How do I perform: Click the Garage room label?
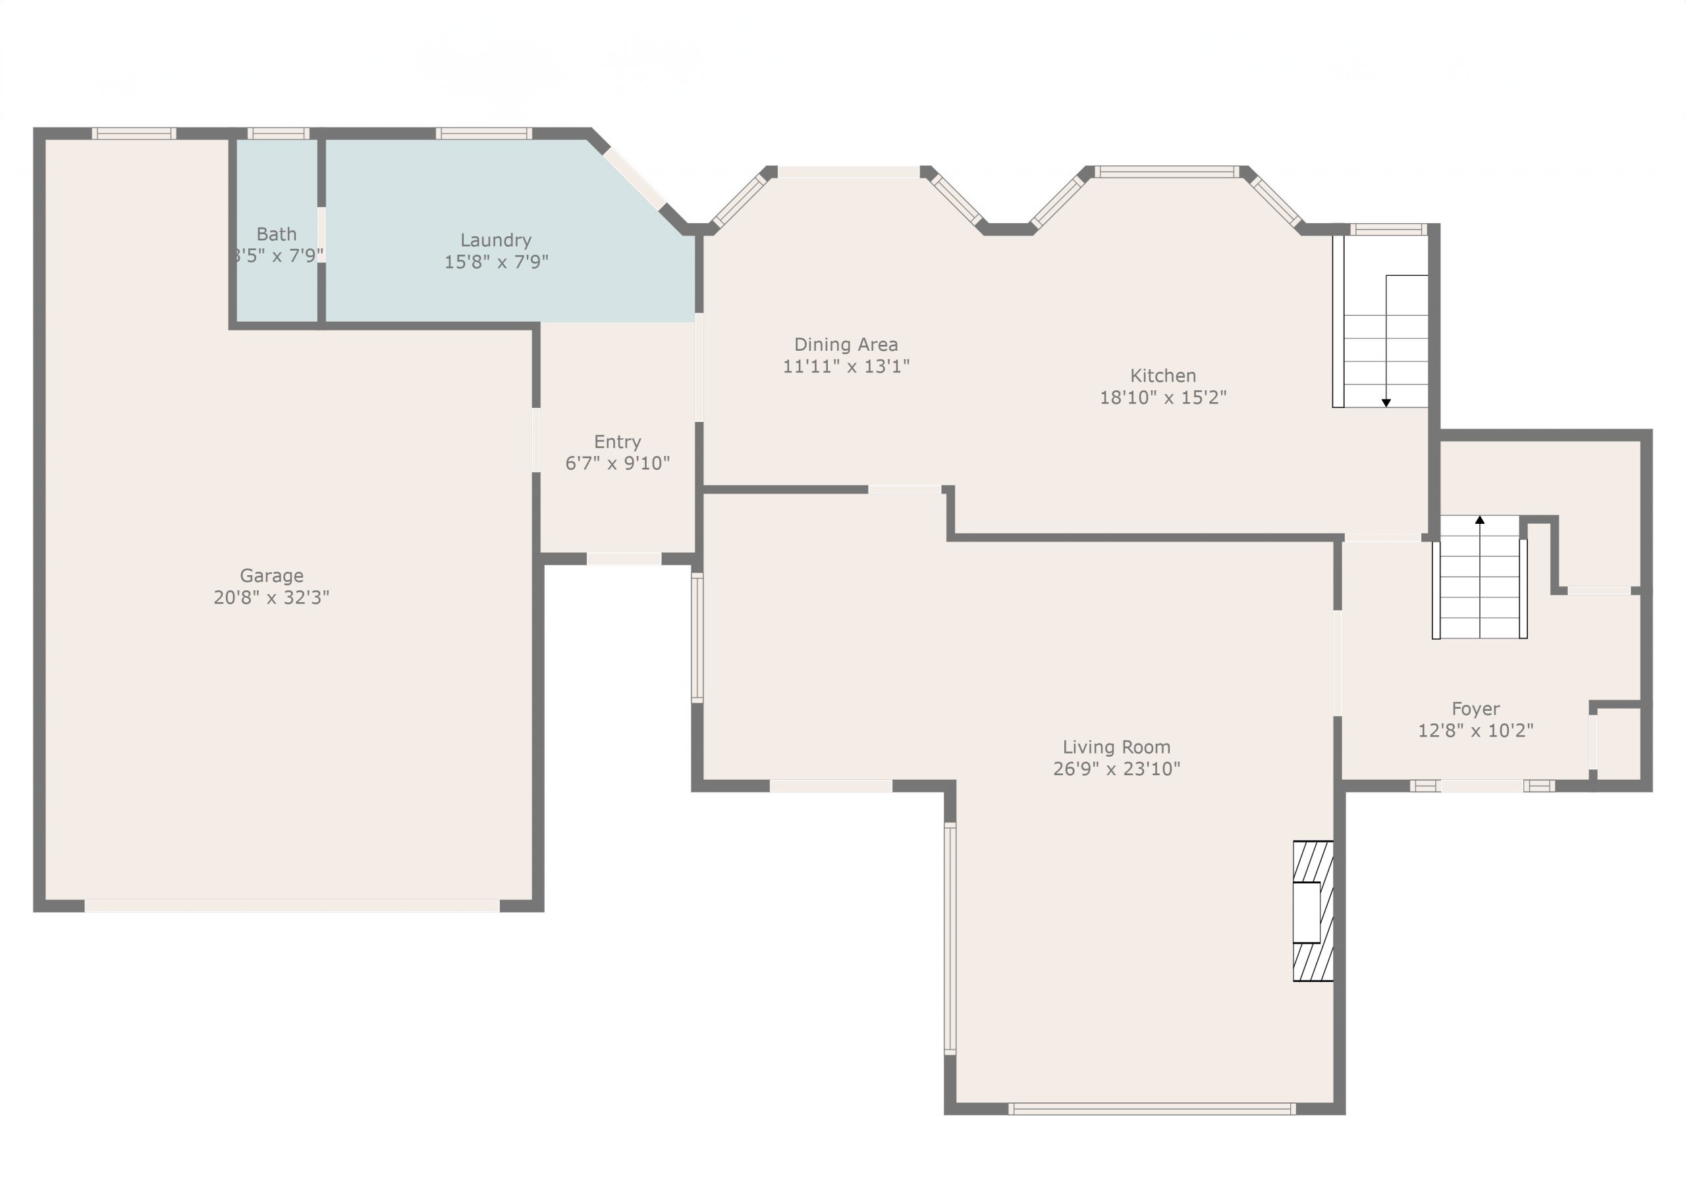[x=271, y=576]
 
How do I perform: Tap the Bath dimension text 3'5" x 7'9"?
[x=277, y=255]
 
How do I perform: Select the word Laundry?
[x=496, y=241]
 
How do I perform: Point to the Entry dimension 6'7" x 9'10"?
[x=617, y=463]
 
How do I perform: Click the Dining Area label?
[x=846, y=344]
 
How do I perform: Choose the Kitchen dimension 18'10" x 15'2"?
[x=1163, y=397]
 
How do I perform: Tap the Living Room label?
[x=1116, y=748]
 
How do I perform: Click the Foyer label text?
[x=1475, y=709]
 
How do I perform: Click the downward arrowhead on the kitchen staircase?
[x=1386, y=403]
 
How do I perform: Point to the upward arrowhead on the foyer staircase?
[x=1480, y=520]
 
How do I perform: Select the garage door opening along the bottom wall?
[x=292, y=906]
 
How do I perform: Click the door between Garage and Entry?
[x=536, y=440]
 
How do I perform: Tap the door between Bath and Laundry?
[x=321, y=235]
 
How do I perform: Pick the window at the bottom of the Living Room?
[x=1152, y=1109]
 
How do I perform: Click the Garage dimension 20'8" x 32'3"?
[x=271, y=597]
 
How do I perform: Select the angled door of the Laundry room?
[x=634, y=179]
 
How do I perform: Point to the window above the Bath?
[x=278, y=134]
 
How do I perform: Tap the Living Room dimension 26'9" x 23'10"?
[x=1116, y=769]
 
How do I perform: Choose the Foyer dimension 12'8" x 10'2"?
[x=1475, y=730]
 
